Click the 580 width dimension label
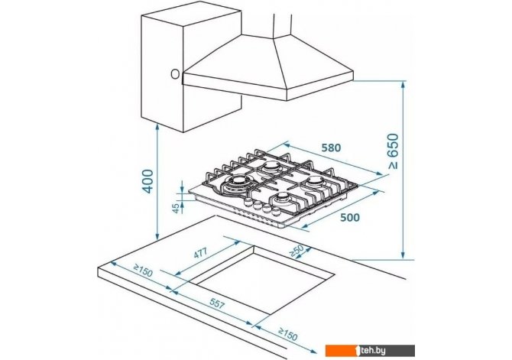[x=331, y=148]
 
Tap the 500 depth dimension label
[x=350, y=217]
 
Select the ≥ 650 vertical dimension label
[x=394, y=151]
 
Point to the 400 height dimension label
[x=148, y=181]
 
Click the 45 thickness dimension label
[x=176, y=208]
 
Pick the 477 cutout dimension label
[x=200, y=253]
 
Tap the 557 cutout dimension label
[x=217, y=304]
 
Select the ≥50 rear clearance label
[x=297, y=251]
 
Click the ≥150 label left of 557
[x=143, y=271]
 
